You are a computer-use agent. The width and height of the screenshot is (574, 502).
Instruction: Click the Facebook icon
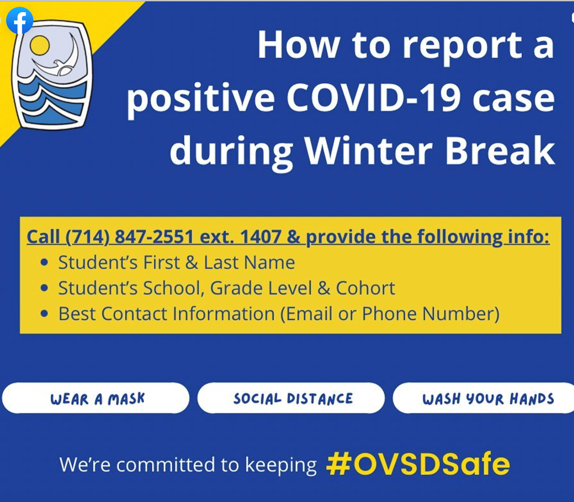[x=20, y=21]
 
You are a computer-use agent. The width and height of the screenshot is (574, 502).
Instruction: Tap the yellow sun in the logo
[x=39, y=45]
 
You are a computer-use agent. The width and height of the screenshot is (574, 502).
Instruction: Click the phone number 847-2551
[x=154, y=237]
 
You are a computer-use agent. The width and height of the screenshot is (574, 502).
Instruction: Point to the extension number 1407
[x=261, y=237]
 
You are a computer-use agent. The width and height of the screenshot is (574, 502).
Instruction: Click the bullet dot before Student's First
[x=44, y=262]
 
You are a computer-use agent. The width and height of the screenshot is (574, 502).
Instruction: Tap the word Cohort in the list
[x=366, y=288]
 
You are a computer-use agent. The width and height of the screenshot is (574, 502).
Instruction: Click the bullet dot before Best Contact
[x=44, y=313]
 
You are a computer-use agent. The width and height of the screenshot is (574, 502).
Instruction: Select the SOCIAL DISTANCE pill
[x=291, y=398]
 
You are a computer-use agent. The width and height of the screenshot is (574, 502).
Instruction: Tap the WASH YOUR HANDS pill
[x=484, y=398]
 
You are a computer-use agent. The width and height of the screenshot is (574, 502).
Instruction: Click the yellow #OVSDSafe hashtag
[x=418, y=464]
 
